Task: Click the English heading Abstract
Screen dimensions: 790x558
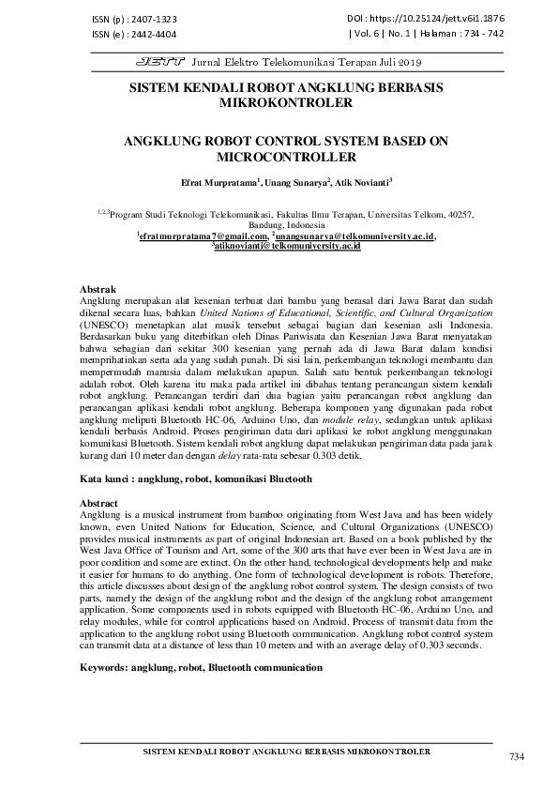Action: (x=100, y=503)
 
